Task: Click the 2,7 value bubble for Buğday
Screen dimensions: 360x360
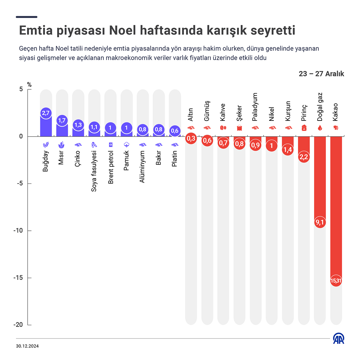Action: [46, 113]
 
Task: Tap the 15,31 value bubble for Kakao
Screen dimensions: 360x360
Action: [336, 281]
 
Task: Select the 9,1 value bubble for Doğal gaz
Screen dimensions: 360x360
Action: [320, 222]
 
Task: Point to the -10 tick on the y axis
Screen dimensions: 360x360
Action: [18, 230]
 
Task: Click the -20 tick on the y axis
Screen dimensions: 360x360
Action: [18, 325]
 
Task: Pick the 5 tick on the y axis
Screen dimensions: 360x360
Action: [21, 89]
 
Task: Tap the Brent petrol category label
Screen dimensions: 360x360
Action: [111, 167]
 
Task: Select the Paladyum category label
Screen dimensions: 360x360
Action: [255, 107]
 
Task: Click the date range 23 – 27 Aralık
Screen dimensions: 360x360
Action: [321, 74]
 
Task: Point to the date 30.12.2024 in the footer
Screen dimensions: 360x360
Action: [27, 346]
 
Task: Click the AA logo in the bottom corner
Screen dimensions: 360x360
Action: [338, 338]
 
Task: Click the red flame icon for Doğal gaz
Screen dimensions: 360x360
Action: [320, 128]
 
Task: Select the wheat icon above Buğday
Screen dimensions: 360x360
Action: [46, 145]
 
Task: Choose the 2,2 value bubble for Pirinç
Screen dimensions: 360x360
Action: [304, 157]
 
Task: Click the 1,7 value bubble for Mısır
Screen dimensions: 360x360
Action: [62, 121]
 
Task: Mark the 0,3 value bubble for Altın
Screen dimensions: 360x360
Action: [191, 139]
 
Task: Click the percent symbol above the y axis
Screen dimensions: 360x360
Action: [29, 85]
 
